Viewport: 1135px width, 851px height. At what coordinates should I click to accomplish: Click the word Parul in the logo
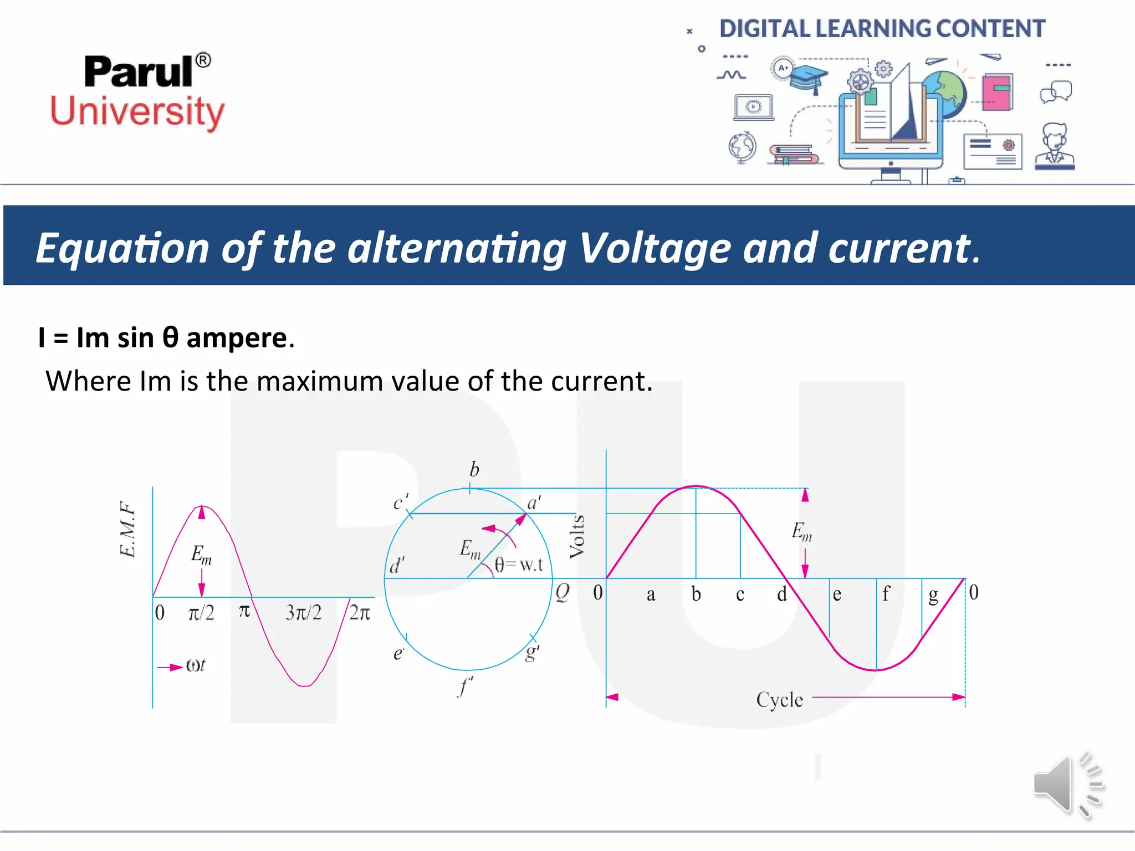tap(139, 72)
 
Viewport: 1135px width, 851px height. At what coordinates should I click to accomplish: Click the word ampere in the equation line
tap(237, 338)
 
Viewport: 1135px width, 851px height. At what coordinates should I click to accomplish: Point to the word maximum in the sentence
tap(320, 381)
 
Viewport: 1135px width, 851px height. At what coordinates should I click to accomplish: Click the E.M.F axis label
tap(127, 529)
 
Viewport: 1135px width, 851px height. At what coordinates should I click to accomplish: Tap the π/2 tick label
tap(201, 613)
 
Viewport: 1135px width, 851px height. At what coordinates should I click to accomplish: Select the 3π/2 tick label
tap(303, 613)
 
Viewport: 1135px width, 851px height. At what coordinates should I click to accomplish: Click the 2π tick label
tap(360, 613)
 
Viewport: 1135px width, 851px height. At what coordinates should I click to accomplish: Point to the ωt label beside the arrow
tap(196, 665)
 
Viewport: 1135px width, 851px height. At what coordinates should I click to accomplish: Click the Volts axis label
tap(577, 536)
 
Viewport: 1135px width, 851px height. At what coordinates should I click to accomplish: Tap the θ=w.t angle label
tap(519, 565)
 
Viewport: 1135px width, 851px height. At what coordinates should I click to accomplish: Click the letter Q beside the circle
tap(562, 592)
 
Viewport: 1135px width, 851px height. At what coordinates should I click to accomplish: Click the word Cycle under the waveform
tap(779, 700)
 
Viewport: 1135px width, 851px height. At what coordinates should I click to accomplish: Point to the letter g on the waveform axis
tap(933, 595)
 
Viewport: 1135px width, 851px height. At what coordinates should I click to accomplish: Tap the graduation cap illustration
tap(809, 78)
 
